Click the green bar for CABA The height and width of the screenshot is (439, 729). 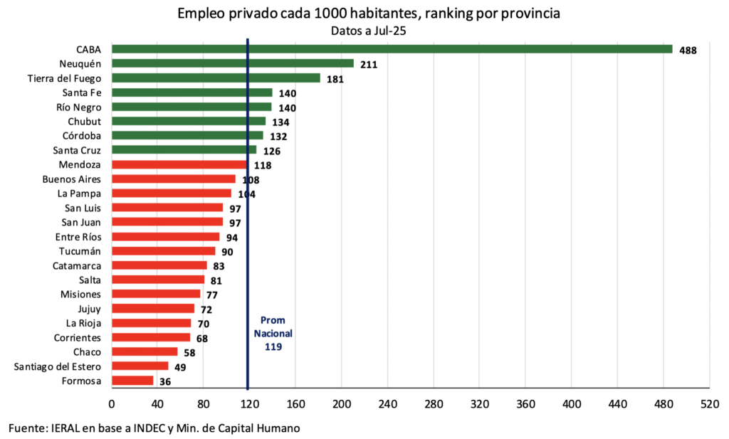click(x=392, y=49)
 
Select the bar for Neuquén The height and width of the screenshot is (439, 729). click(x=233, y=63)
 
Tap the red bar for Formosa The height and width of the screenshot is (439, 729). click(x=132, y=381)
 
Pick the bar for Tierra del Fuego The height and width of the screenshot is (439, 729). click(x=216, y=78)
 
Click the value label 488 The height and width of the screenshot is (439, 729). click(x=688, y=51)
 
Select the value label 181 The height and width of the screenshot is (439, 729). click(x=335, y=79)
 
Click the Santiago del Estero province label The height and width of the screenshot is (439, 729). click(x=58, y=366)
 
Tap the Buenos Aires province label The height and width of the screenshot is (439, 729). click(x=72, y=179)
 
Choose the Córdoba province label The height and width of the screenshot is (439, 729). click(x=81, y=135)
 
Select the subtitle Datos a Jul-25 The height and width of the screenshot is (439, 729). click(x=368, y=31)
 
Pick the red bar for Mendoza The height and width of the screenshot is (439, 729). click(x=180, y=164)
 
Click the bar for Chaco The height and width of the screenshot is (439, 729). click(x=145, y=351)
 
